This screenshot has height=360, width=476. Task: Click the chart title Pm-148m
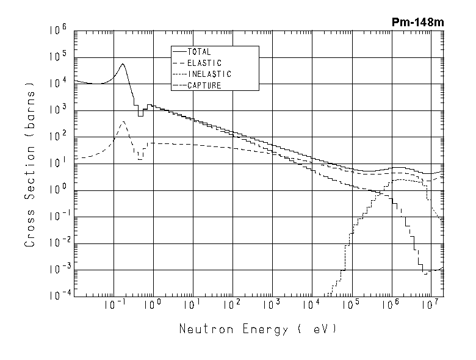pos(418,22)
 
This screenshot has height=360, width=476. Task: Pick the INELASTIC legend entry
pos(209,74)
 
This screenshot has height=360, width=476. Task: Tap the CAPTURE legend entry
pos(204,85)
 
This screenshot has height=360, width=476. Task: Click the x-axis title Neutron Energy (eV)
pos(257,329)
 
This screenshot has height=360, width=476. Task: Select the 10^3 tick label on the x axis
pos(271,304)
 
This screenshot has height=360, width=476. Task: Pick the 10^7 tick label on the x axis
pos(430,304)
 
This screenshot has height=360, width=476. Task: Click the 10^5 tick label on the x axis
pos(350,304)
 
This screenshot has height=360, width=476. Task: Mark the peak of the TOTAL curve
pos(123,64)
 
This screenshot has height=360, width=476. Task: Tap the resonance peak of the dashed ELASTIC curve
pos(123,121)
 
